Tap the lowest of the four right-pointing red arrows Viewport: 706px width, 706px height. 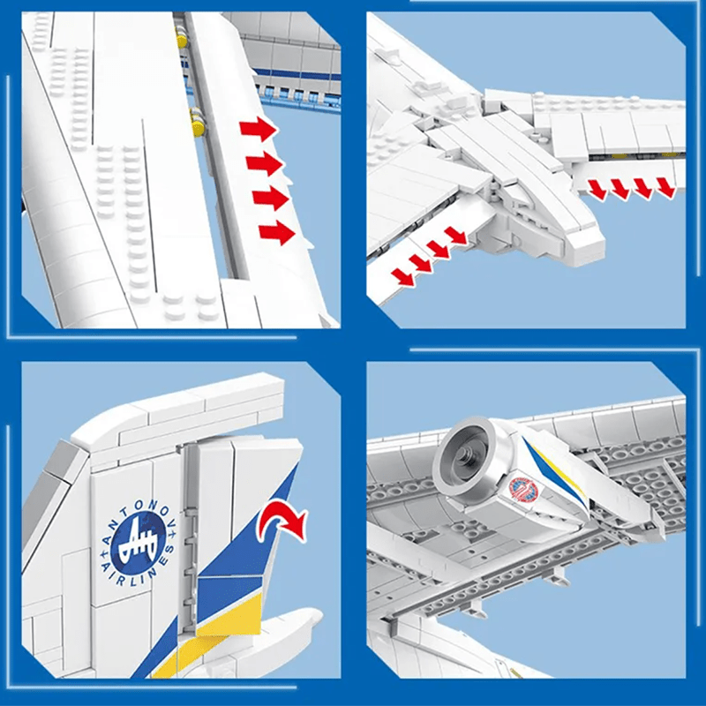click(276, 232)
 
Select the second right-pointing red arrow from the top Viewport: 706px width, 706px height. click(264, 163)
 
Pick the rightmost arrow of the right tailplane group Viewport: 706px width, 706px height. click(665, 187)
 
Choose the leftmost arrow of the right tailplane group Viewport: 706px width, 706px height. click(598, 187)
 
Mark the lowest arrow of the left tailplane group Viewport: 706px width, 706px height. click(403, 277)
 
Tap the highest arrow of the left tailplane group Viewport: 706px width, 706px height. click(455, 235)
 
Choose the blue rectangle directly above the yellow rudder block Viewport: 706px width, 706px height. click(229, 583)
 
